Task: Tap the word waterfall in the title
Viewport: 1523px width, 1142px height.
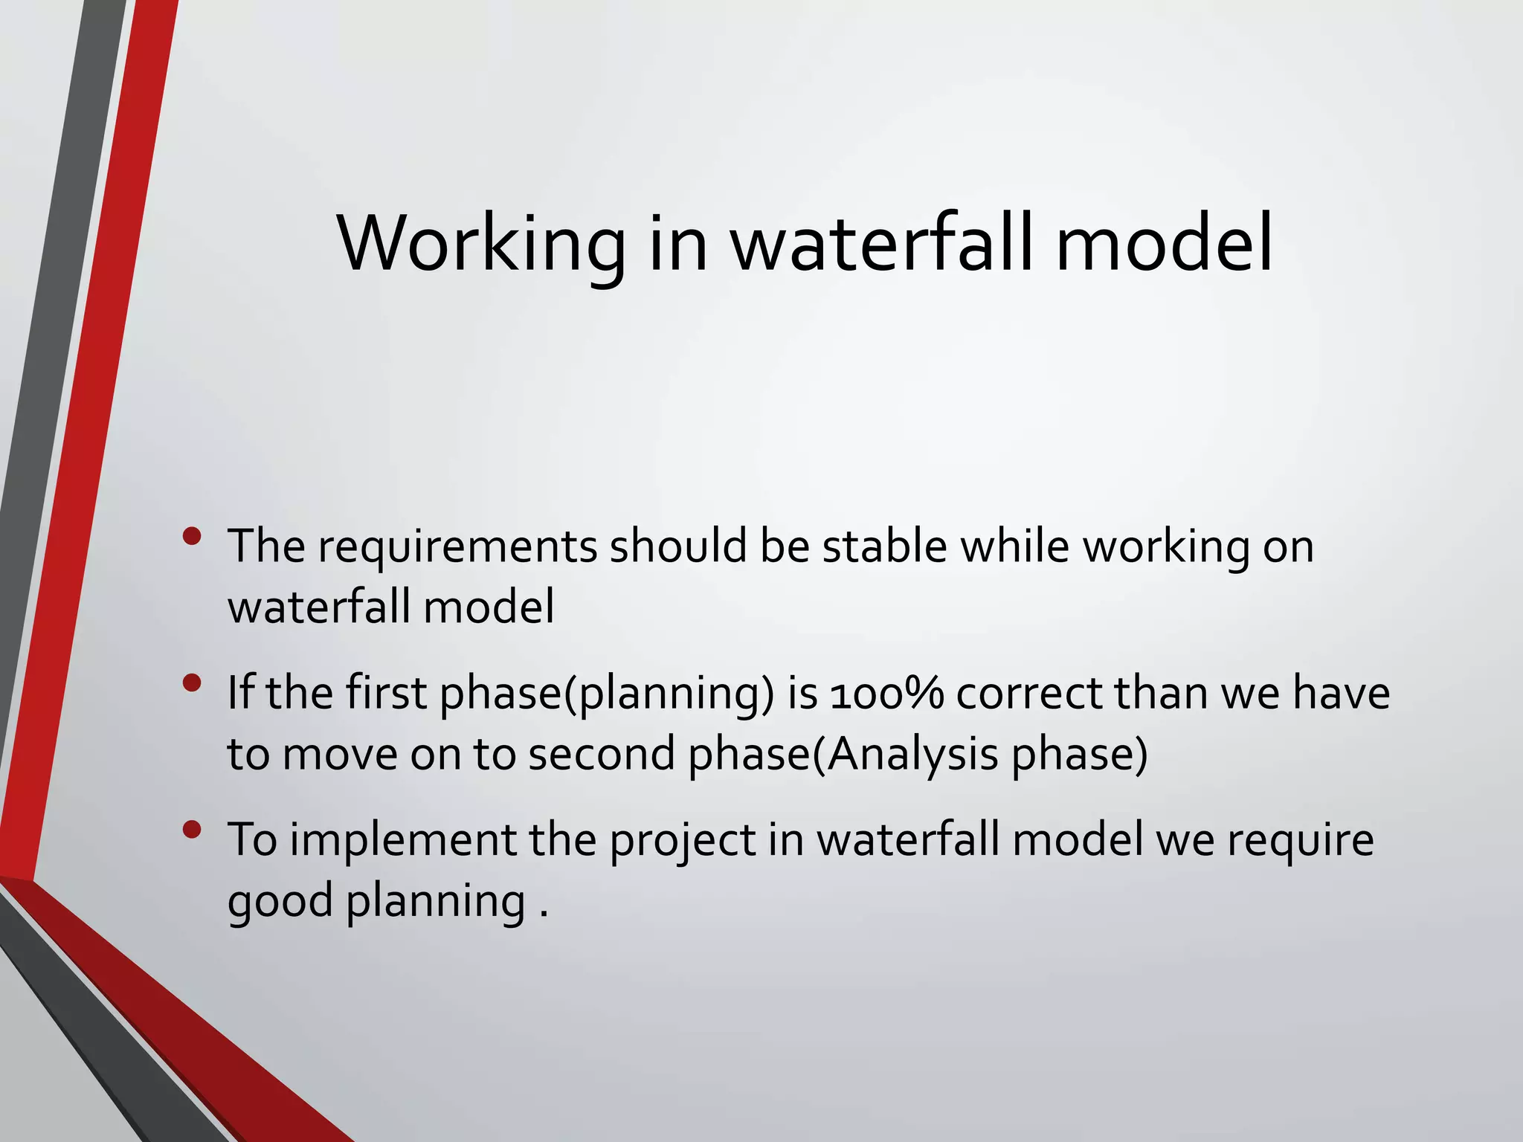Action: pos(882,244)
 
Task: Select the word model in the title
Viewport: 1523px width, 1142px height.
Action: pos(1164,244)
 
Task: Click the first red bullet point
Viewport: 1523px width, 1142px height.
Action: pos(192,536)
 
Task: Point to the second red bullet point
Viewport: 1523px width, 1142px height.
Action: pos(192,683)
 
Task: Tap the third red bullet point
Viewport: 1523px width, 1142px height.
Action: pos(192,830)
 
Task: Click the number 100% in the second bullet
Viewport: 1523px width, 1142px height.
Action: pos(886,694)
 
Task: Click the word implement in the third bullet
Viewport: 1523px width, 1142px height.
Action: pos(402,841)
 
